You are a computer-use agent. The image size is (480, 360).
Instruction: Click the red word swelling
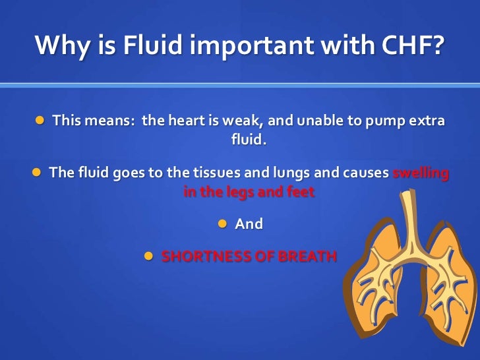point(421,173)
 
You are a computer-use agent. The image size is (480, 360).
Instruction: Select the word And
point(249,224)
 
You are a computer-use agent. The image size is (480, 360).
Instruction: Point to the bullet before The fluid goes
point(38,173)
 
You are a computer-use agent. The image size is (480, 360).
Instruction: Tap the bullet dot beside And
point(222,224)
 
